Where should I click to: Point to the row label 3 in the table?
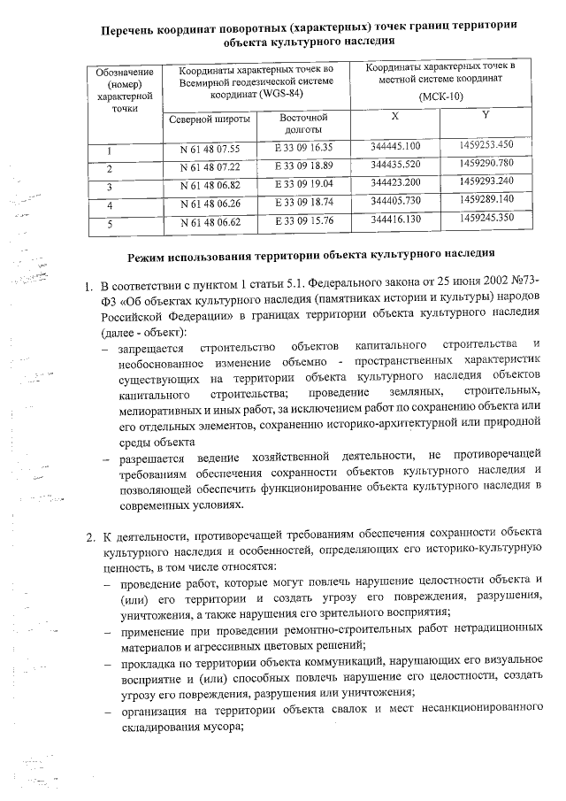pyautogui.click(x=111, y=186)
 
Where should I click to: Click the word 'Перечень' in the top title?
pyautogui.click(x=134, y=26)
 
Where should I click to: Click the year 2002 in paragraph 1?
pyautogui.click(x=479, y=286)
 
